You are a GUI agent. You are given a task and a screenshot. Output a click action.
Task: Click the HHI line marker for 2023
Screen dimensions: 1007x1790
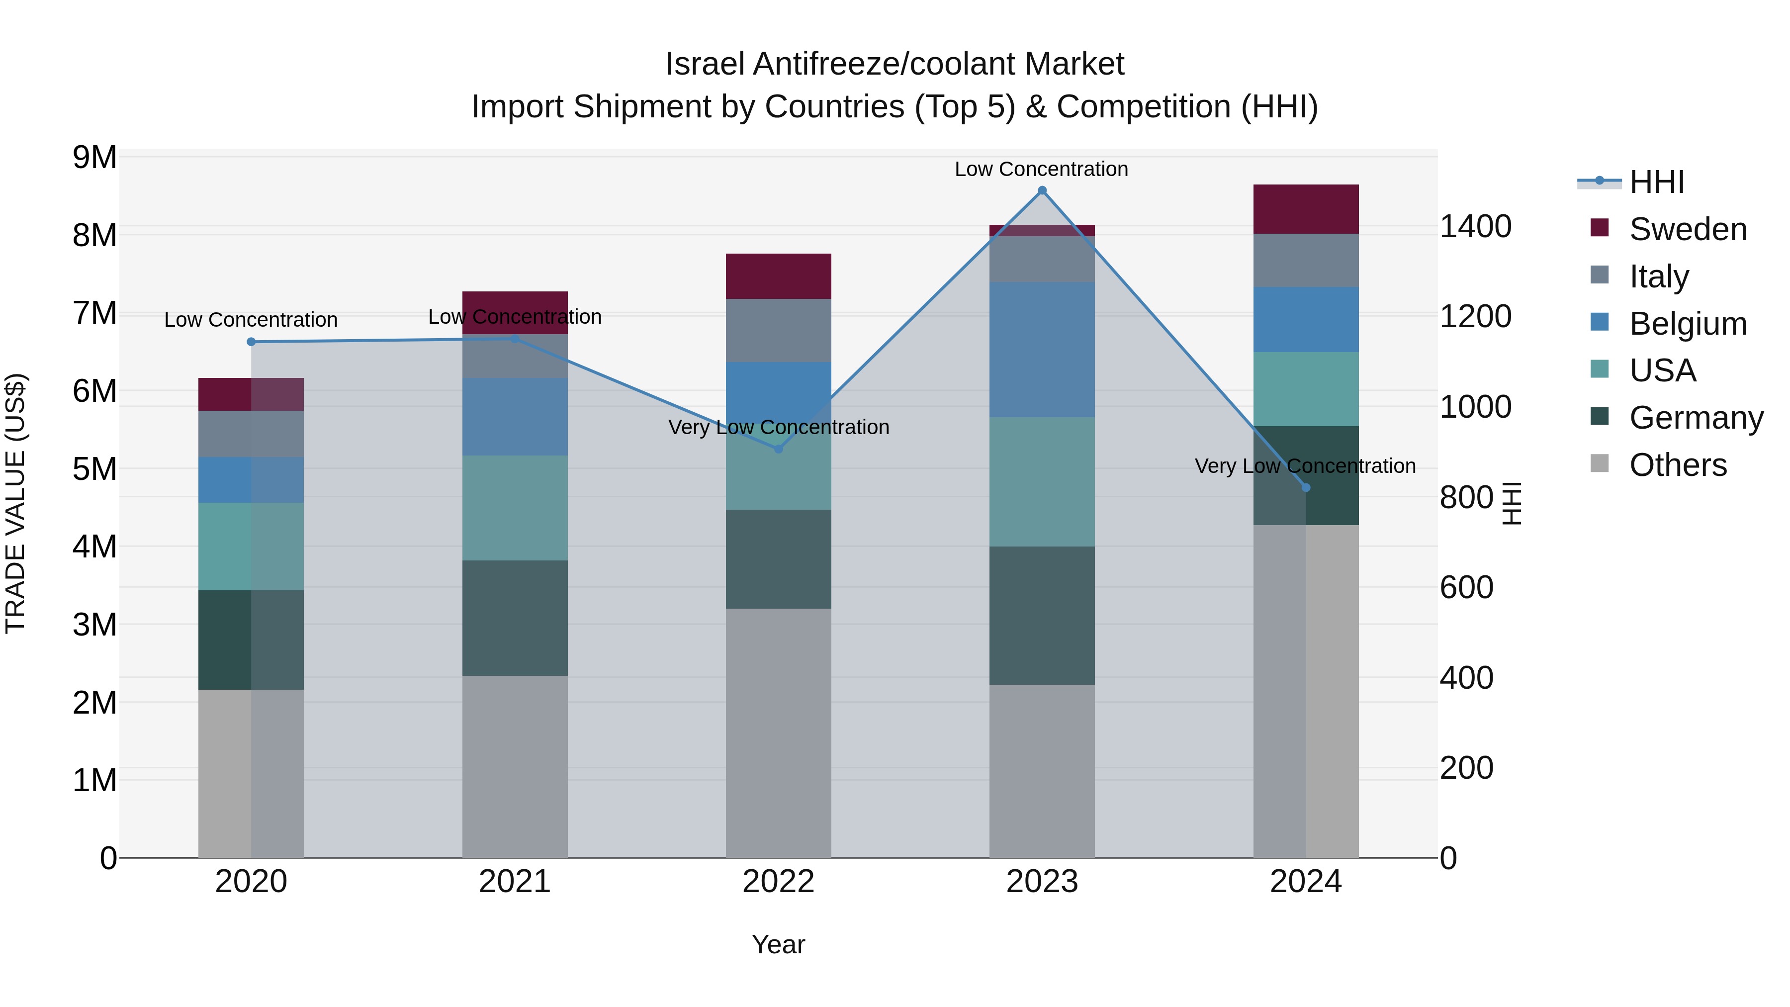pos(1042,190)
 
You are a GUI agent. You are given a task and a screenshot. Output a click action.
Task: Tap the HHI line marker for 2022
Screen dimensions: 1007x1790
pos(778,449)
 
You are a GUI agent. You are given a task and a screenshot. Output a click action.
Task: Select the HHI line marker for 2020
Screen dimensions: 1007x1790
pos(251,342)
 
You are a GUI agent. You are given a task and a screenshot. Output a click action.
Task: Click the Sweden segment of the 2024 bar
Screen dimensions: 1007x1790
pos(1306,209)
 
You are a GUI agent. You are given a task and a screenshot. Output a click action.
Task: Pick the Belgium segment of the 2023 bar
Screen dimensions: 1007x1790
pos(1042,350)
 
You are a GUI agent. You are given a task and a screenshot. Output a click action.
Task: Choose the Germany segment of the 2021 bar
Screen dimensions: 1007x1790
pos(515,618)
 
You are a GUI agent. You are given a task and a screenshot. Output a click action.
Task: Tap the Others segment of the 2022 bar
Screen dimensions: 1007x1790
pos(778,733)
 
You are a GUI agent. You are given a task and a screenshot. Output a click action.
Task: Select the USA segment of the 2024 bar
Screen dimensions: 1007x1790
pos(1306,389)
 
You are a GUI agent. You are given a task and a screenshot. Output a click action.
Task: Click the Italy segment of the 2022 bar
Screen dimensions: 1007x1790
pos(778,331)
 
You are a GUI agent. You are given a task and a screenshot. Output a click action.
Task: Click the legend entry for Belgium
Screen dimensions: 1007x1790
pos(1687,324)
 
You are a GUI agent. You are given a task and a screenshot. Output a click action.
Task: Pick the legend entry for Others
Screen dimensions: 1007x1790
pos(1678,465)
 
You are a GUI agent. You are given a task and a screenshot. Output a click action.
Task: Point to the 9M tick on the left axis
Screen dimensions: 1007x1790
pos(94,158)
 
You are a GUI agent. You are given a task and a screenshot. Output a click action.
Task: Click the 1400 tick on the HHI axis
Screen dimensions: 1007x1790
pos(1475,227)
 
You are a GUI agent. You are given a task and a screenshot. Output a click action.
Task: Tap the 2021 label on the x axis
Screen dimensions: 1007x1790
pos(515,882)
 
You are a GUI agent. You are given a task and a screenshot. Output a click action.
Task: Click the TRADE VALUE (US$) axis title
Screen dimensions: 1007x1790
pos(16,503)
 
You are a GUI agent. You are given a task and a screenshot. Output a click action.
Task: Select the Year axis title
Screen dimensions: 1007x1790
pos(778,944)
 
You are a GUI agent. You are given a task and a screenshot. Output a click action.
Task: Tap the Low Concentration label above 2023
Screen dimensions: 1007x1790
pos(1041,169)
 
